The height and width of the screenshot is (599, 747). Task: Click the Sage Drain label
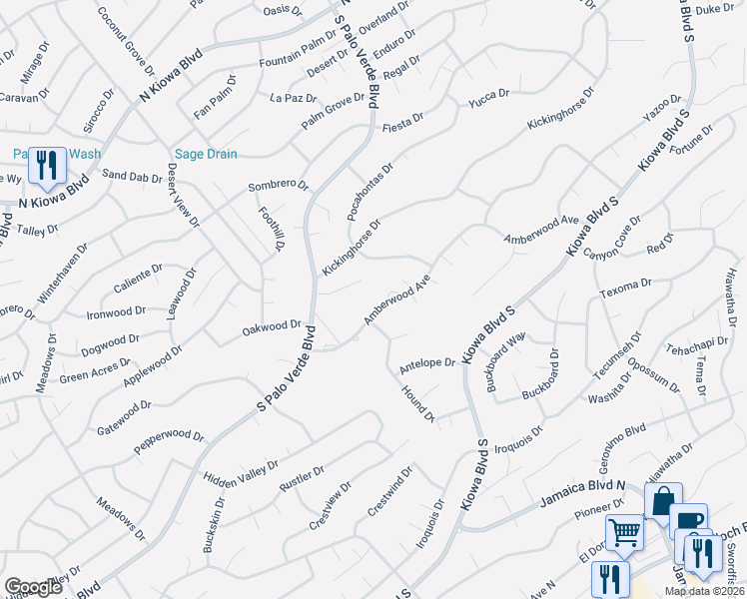pos(206,154)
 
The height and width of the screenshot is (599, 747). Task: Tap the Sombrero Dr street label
pos(278,186)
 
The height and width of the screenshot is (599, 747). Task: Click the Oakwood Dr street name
pos(272,325)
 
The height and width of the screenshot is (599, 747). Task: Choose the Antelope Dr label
pos(426,362)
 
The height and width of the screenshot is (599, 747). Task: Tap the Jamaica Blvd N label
pos(583,487)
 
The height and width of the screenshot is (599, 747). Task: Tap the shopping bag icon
pos(663,502)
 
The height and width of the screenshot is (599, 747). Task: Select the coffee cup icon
pos(688,520)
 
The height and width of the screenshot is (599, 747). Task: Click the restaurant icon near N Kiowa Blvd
pos(46,165)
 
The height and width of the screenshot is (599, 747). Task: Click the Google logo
pos(34,586)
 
